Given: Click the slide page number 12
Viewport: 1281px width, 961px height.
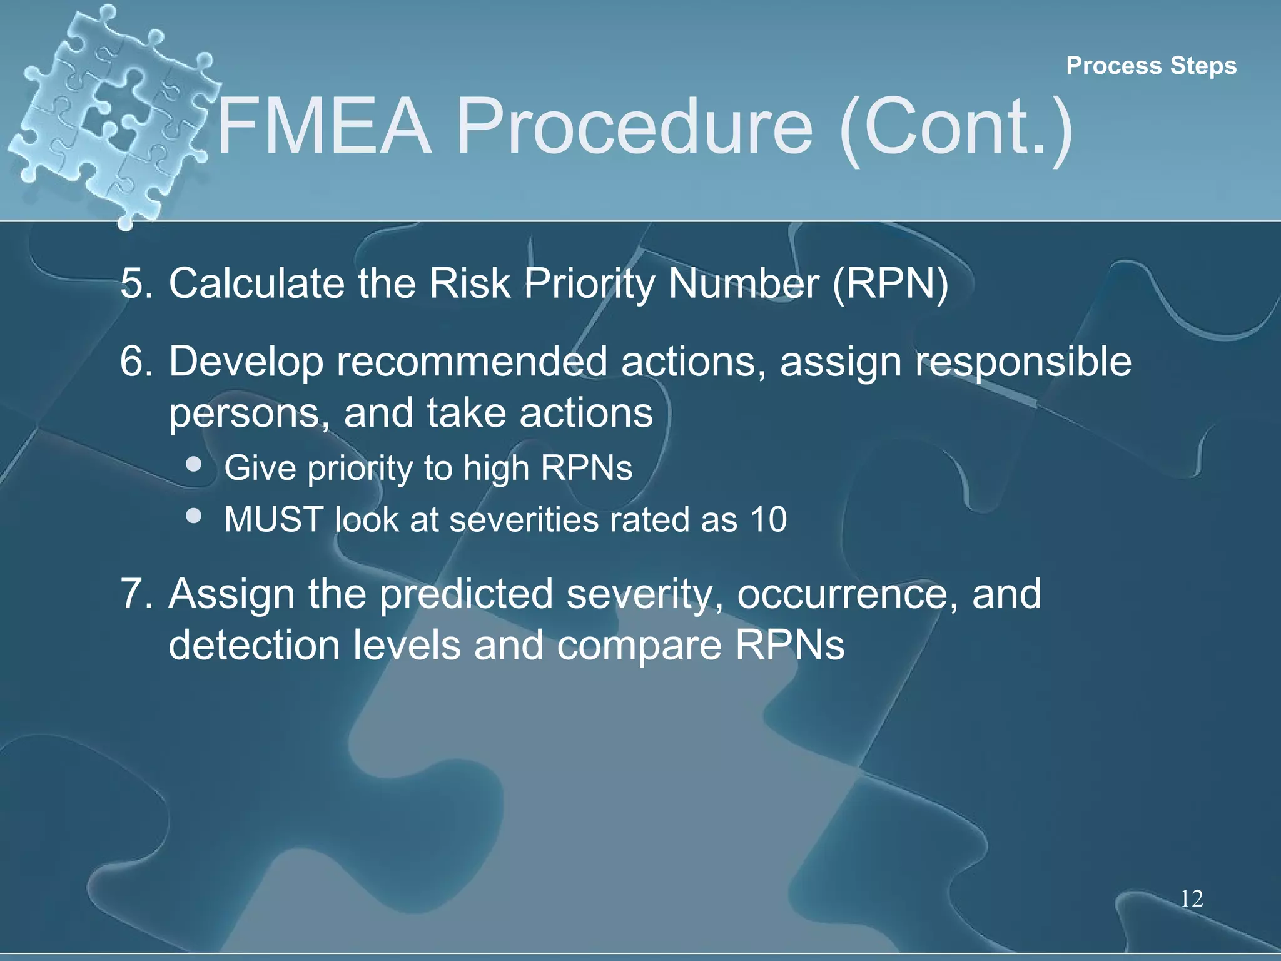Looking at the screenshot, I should [x=1192, y=898].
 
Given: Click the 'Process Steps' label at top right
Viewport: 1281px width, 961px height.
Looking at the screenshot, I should [x=1151, y=66].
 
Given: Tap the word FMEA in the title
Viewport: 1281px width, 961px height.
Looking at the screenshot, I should [x=324, y=126].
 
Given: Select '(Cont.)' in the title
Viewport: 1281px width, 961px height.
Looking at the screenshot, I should [x=956, y=128].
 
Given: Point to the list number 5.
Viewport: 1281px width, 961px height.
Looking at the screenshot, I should [x=136, y=283].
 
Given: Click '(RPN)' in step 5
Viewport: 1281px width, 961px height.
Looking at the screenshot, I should [x=890, y=283].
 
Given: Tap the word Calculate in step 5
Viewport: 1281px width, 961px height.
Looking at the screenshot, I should [x=256, y=283].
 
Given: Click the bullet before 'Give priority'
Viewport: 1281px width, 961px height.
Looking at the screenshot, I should [x=194, y=464].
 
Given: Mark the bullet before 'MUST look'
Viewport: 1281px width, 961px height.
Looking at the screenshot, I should [x=194, y=516].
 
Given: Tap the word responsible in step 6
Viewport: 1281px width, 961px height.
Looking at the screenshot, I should [x=1023, y=363].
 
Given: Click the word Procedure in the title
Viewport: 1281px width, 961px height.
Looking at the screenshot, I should [x=634, y=128].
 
